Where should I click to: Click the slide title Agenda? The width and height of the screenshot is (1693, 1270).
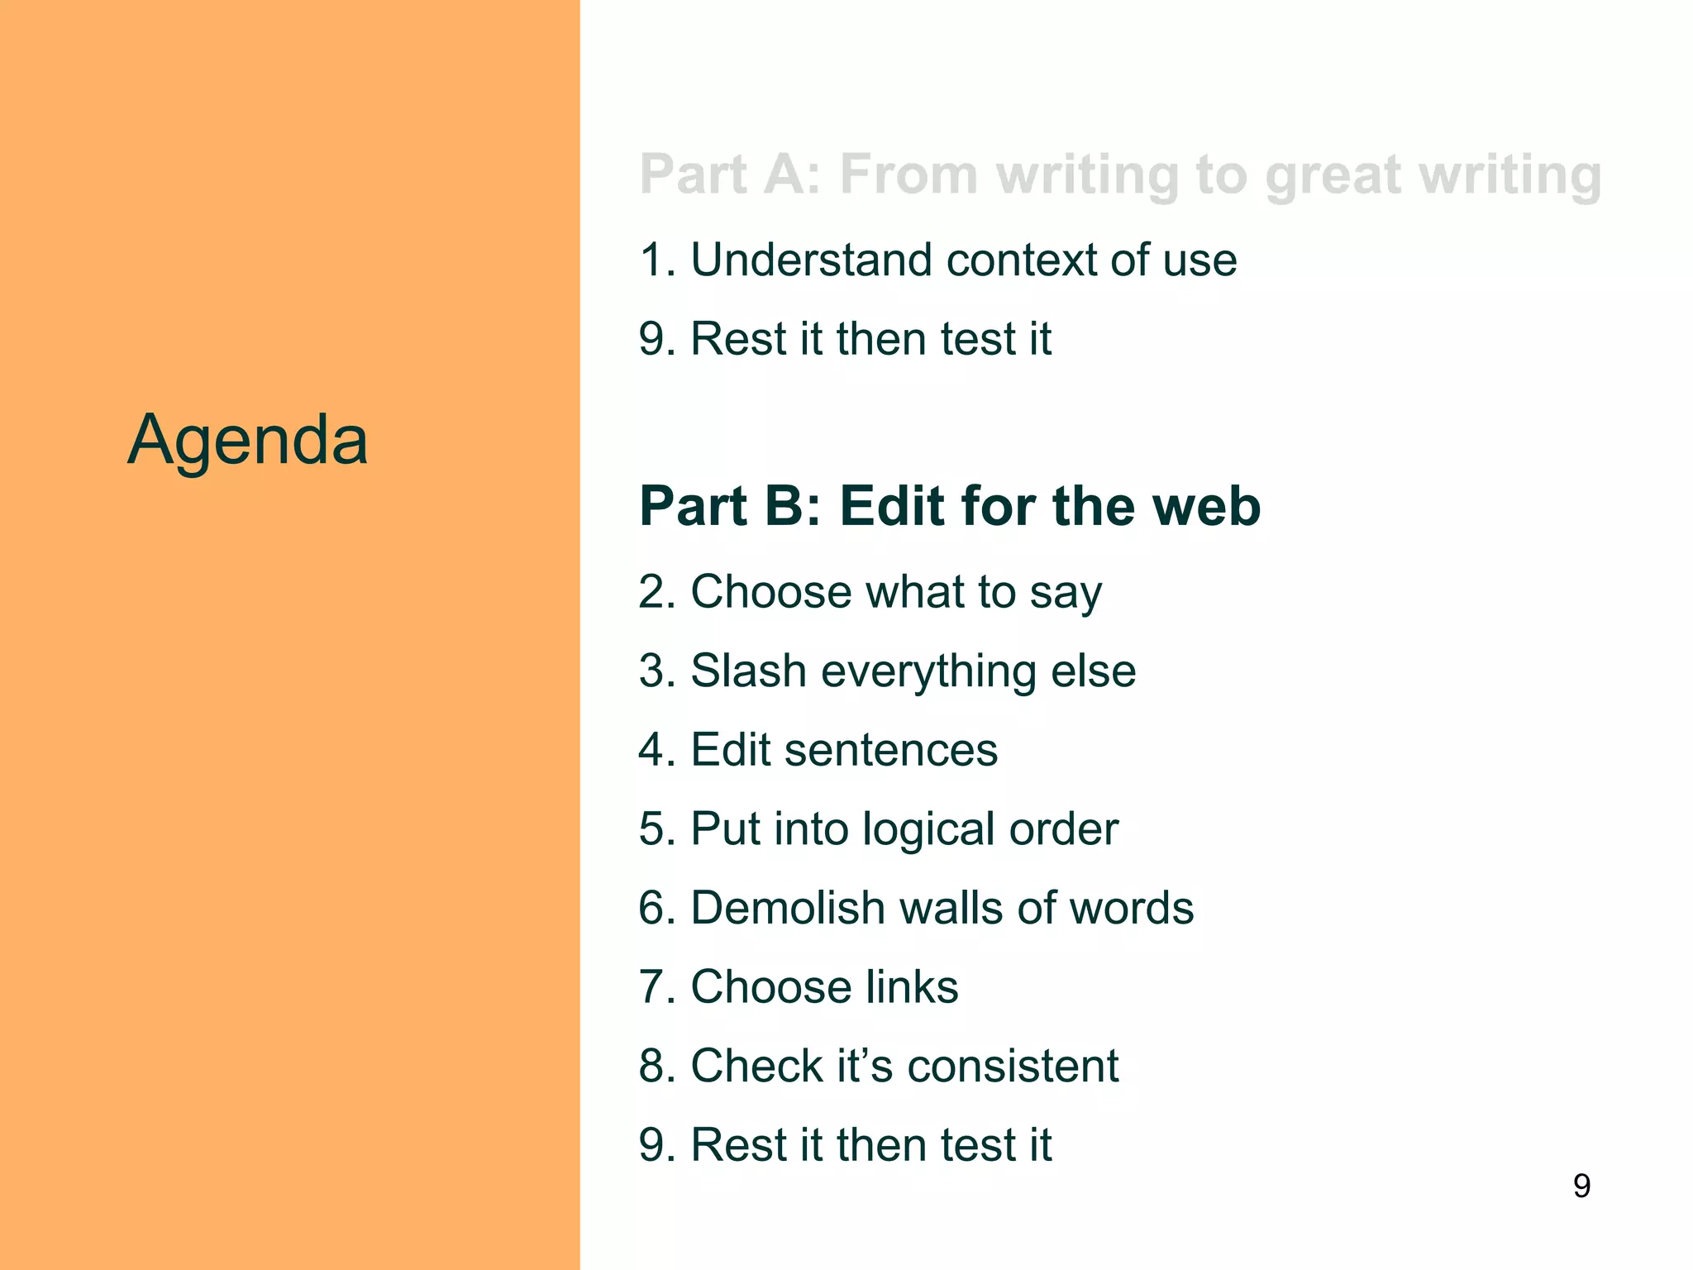tap(247, 440)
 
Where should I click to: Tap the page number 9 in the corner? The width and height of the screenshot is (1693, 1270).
tap(1581, 1186)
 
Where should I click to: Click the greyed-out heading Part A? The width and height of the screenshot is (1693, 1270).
tap(1120, 175)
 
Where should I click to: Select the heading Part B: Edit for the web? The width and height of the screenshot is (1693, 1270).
tap(950, 506)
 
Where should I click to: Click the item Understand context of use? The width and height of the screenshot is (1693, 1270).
tap(937, 260)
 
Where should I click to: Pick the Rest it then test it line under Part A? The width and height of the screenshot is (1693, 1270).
tap(845, 339)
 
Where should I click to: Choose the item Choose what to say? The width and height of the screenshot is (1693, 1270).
tap(870, 592)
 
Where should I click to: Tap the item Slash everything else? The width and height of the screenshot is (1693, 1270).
tap(887, 671)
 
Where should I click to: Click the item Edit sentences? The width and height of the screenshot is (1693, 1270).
tap(818, 750)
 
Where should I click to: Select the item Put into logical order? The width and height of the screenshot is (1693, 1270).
tap(878, 828)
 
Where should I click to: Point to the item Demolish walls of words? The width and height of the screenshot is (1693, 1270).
tap(916, 908)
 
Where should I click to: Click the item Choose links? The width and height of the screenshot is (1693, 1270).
tap(799, 986)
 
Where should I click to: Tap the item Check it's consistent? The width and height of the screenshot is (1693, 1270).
tap(878, 1066)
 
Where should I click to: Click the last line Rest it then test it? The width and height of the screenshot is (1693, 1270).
tap(845, 1145)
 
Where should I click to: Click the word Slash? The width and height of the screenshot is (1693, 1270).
tap(748, 671)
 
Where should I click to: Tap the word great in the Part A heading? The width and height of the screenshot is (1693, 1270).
tap(1333, 177)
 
